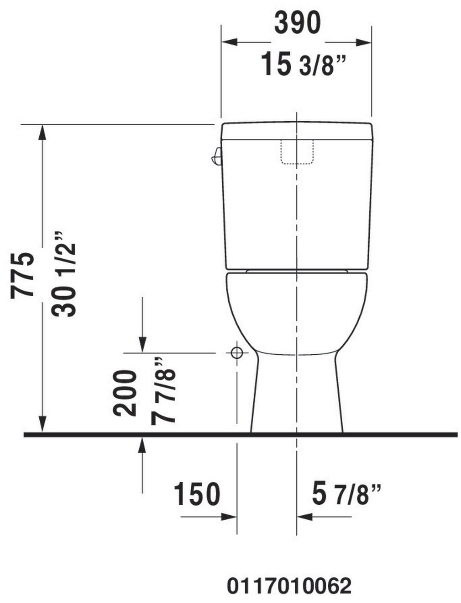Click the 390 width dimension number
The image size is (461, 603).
(x=297, y=23)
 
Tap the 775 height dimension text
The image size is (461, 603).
(x=23, y=276)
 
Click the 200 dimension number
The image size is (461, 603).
(x=125, y=393)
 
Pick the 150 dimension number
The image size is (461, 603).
(x=197, y=494)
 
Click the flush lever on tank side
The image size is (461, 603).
(x=216, y=156)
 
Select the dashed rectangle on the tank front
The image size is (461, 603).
(x=297, y=152)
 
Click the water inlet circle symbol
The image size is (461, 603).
(x=236, y=353)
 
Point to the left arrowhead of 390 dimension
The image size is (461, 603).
(x=228, y=43)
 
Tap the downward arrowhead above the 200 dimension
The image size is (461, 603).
(x=142, y=346)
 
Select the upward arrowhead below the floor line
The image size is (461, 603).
(x=142, y=443)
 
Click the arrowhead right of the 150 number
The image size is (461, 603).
(x=229, y=517)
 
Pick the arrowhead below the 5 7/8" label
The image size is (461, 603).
(x=304, y=517)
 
